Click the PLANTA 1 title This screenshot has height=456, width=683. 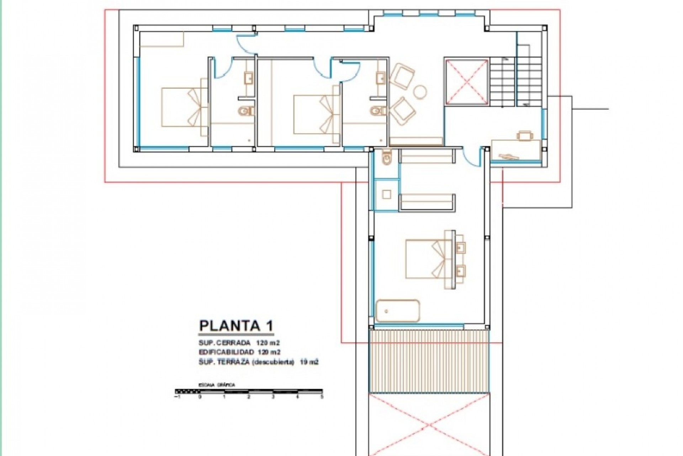point(236,326)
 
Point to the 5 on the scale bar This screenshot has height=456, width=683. point(322,396)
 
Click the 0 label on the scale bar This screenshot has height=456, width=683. point(200,396)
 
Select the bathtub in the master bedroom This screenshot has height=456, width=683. point(398,311)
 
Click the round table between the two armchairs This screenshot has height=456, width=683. point(420,92)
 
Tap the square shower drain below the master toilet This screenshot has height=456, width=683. point(387,194)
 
